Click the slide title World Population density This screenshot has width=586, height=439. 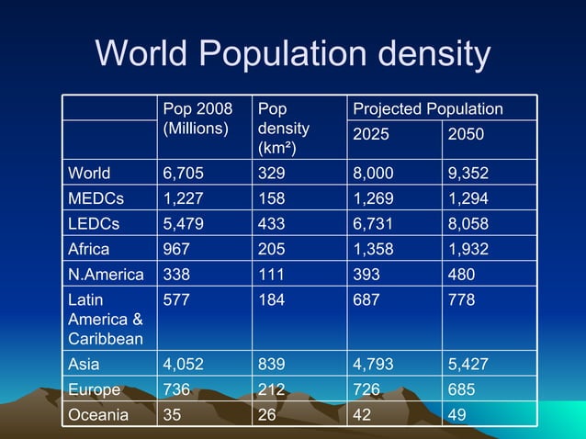293,54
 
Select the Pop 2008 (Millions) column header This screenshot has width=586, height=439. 197,118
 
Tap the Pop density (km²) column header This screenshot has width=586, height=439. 284,128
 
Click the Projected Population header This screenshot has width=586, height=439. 428,109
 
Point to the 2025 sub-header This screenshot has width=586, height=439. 372,135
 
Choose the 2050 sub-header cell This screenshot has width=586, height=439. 466,135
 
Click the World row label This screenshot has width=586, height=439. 90,173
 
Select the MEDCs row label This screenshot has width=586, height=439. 96,198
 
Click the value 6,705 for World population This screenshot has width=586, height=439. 184,173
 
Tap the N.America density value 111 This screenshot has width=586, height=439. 271,274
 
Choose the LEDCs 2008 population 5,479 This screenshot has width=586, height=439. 184,223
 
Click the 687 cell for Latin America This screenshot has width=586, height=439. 368,299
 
